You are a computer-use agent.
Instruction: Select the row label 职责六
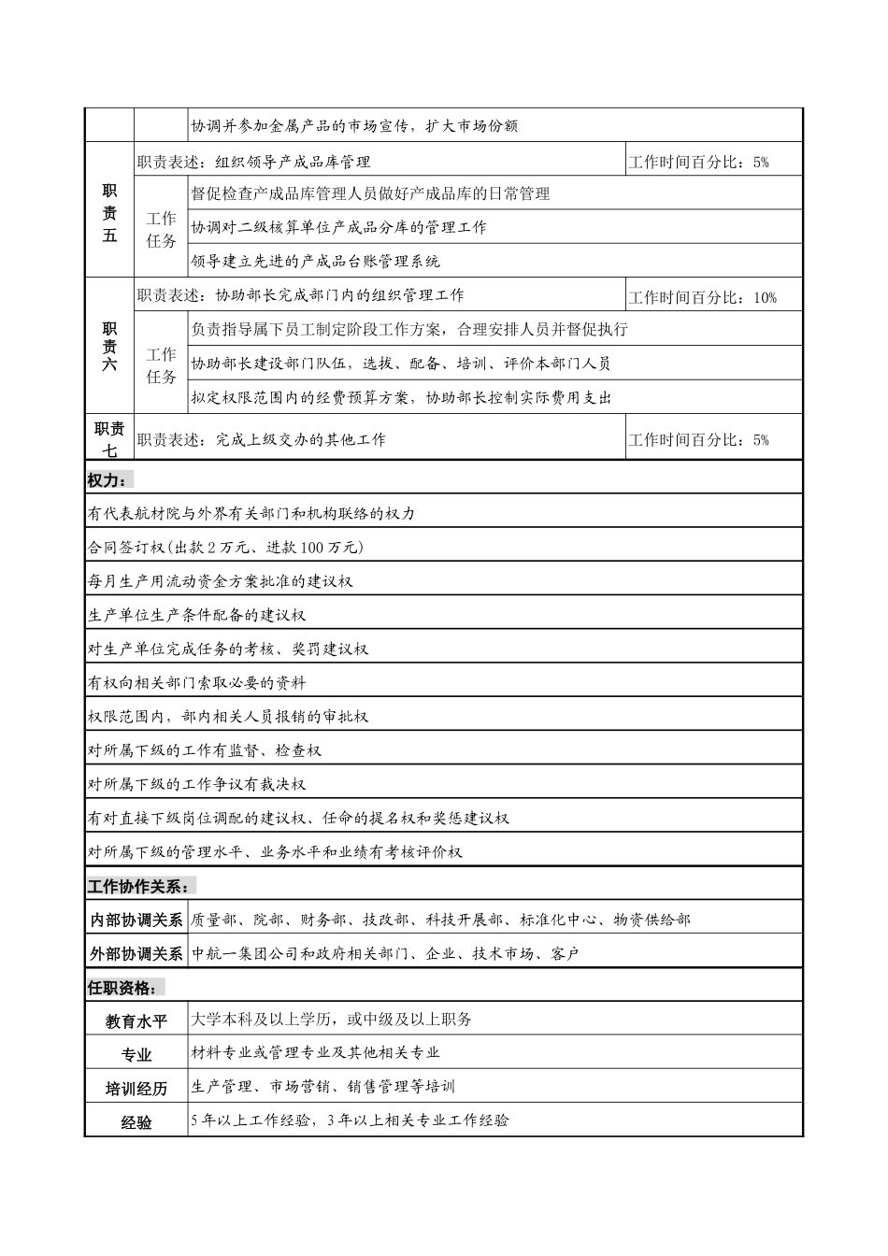coord(109,347)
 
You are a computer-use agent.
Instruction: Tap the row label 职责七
coord(109,438)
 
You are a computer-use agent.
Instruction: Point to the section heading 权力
coord(108,479)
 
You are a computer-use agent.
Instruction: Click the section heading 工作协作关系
coord(141,886)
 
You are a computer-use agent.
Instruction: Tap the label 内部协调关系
coord(136,921)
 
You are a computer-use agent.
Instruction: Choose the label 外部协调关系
coord(136,954)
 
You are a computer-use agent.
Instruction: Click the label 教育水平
coord(136,1021)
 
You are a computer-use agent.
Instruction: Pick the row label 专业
coord(136,1055)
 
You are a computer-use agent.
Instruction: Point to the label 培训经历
coord(136,1089)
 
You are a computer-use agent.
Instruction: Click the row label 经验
coord(136,1122)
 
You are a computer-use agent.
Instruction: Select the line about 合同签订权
coord(225,547)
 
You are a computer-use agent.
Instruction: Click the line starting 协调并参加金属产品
coord(354,126)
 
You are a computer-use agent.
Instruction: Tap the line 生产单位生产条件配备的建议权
coord(197,615)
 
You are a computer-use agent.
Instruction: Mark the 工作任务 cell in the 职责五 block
coord(161,229)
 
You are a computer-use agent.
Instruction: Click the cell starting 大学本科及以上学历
coord(332,1020)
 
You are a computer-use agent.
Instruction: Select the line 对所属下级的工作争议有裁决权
coord(197,784)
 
